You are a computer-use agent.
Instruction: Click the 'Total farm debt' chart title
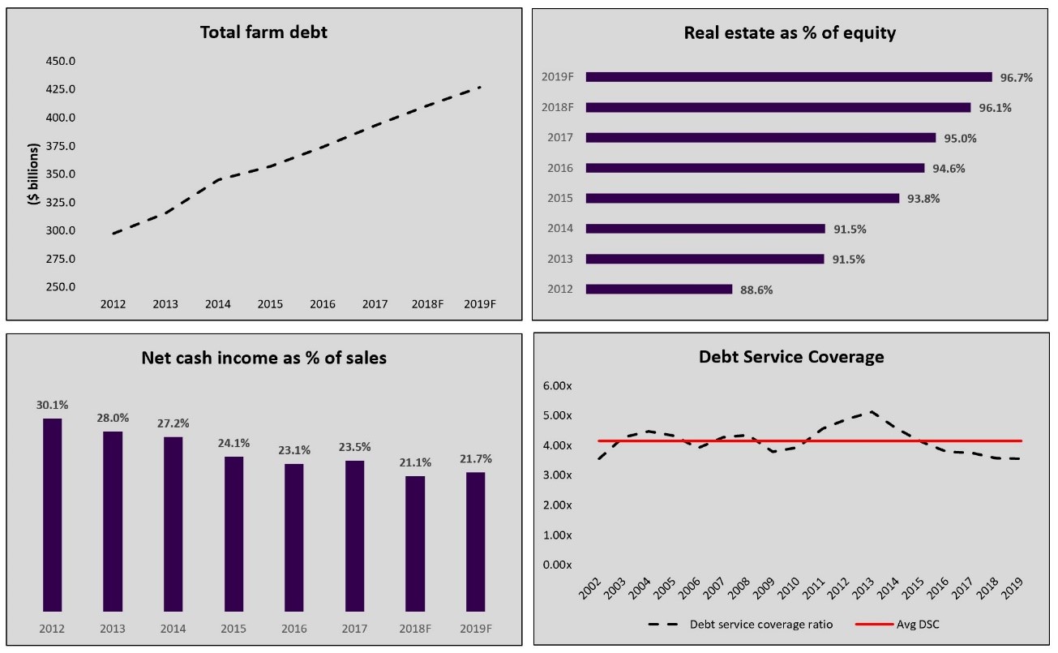tap(263, 33)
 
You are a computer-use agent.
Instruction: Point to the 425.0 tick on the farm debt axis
tap(61, 89)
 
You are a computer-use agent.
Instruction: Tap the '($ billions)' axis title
tap(34, 174)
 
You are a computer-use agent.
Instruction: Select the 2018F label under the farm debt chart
tap(427, 304)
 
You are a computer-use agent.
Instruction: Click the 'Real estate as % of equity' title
tap(790, 33)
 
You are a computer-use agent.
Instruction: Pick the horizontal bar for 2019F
tap(788, 77)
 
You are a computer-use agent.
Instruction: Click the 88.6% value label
tap(756, 290)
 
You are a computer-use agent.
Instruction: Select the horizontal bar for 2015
tap(742, 198)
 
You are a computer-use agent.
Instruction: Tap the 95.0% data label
tap(960, 138)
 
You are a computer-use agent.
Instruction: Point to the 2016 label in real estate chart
tap(560, 168)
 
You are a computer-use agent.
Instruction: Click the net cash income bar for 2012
tap(52, 514)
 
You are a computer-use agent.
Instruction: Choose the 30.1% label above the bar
tap(52, 404)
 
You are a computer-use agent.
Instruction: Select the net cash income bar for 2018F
tap(415, 543)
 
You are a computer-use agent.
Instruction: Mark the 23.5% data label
tap(354, 446)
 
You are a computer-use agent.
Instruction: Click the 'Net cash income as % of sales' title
tap(263, 358)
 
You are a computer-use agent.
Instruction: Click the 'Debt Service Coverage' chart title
tap(791, 357)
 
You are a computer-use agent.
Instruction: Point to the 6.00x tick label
tap(556, 386)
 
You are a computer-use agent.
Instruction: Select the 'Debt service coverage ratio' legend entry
tap(760, 625)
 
